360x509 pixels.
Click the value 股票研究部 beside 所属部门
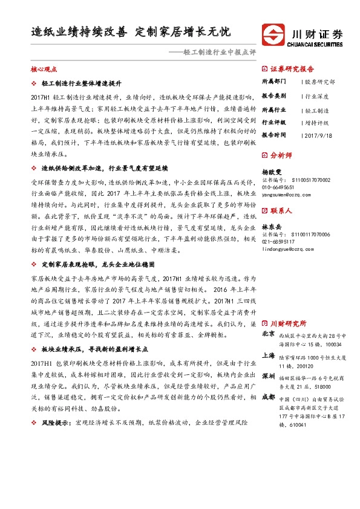[x=319, y=81]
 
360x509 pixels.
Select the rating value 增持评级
[x=316, y=123]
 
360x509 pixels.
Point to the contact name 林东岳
[x=272, y=225]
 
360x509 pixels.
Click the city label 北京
[x=268, y=334]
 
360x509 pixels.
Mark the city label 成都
[x=268, y=380]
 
